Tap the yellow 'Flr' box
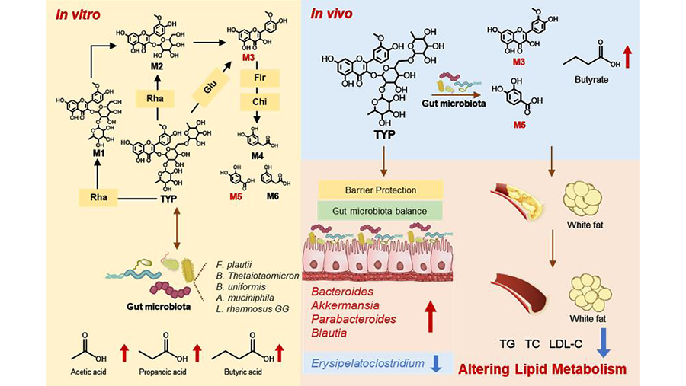point(250,78)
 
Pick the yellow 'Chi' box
point(250,101)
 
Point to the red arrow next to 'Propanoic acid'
point(198,353)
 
